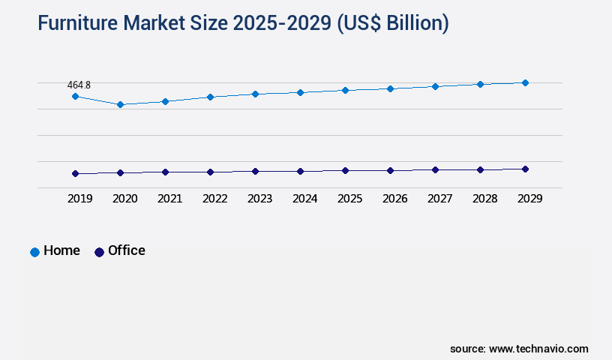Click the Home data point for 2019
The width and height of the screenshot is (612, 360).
(75, 96)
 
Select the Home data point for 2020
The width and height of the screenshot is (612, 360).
(120, 104)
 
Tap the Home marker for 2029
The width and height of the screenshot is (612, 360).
(525, 82)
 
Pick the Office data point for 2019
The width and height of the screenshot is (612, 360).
(75, 173)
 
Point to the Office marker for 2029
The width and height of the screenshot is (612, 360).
(525, 169)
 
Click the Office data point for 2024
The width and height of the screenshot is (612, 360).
(300, 171)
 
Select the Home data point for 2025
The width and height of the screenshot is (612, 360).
(345, 90)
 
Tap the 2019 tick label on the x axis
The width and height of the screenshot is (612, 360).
(79, 199)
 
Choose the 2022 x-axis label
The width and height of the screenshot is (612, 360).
(214, 199)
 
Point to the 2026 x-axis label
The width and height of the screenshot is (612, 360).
(394, 199)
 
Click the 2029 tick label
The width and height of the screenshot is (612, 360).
(529, 199)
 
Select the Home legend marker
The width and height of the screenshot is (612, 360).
(34, 252)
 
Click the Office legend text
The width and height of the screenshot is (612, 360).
(126, 250)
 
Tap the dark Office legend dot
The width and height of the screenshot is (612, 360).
(99, 252)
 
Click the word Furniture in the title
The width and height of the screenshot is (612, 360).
(83, 23)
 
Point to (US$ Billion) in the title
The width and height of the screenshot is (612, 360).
(392, 23)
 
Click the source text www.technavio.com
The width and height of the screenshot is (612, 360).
(538, 349)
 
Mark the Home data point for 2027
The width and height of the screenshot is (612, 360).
(435, 86)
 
